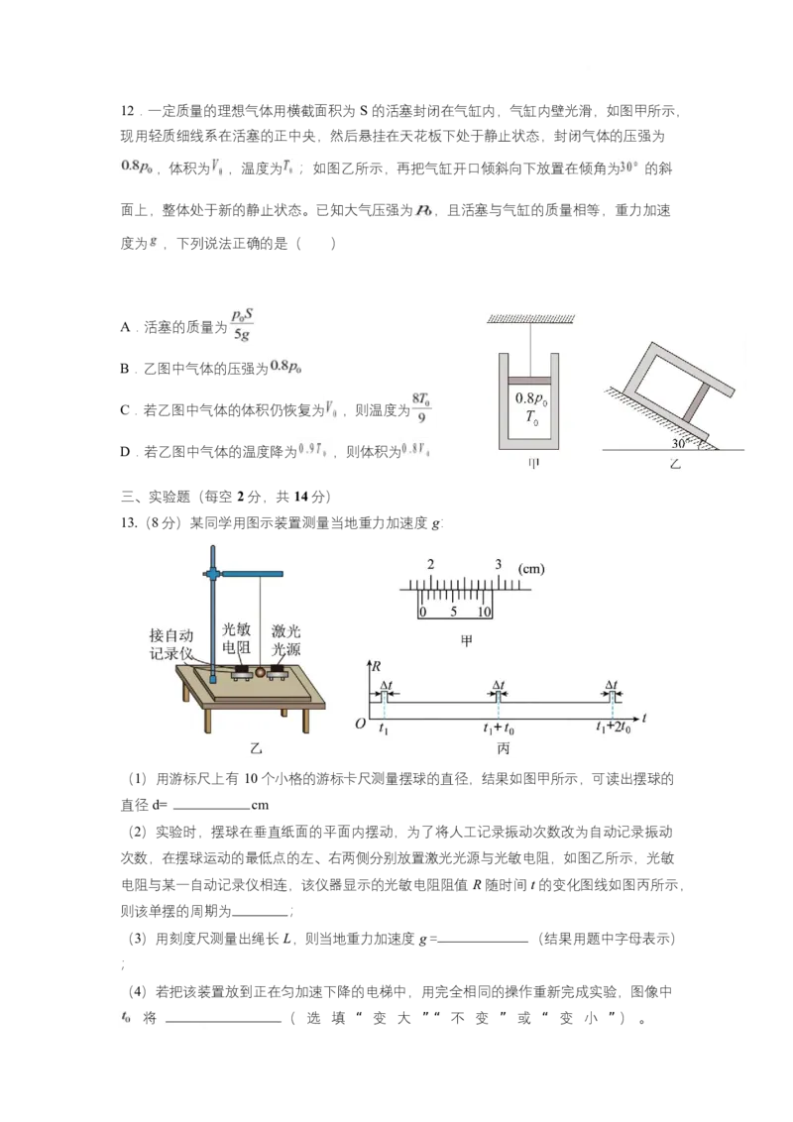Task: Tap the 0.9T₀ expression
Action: point(315,451)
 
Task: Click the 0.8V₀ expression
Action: point(416,451)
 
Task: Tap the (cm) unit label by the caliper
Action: point(531,569)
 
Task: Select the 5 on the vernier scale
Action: point(453,612)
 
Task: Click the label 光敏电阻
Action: point(237,638)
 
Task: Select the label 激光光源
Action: point(285,638)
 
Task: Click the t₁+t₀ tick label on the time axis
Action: point(498,727)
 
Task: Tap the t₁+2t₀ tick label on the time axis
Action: point(615,727)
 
